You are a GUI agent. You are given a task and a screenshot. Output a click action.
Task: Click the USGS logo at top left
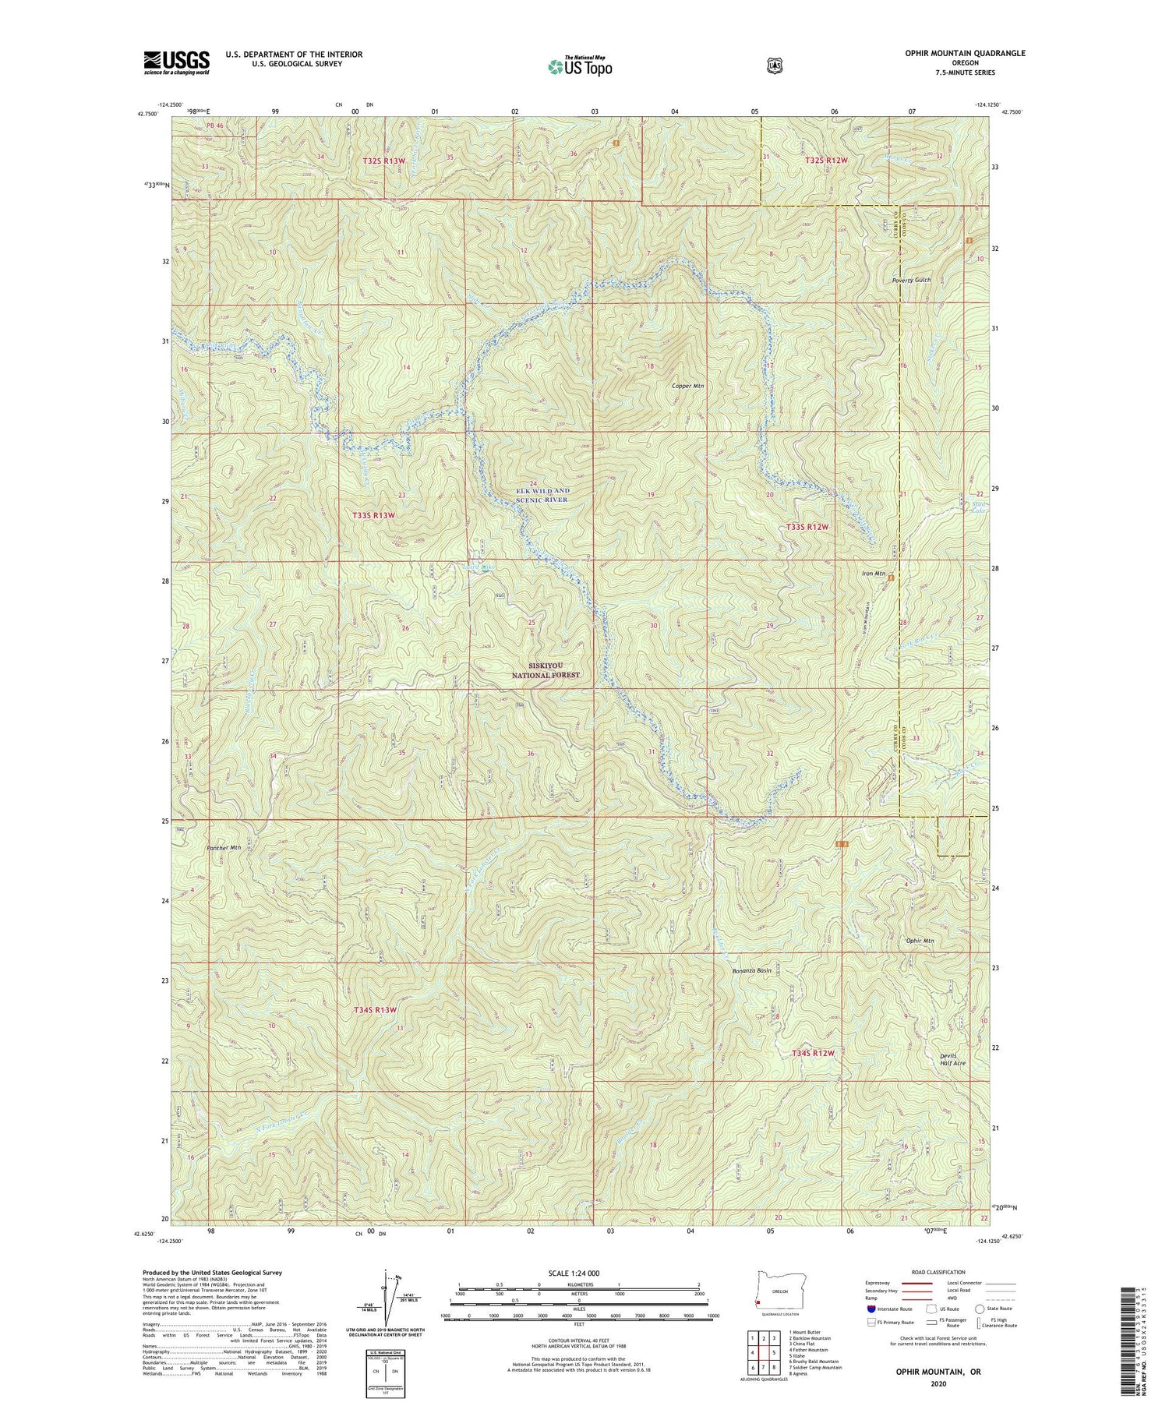176,62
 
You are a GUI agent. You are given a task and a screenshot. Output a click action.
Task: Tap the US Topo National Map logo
580,66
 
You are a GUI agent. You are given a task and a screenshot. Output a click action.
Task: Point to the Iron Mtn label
874,574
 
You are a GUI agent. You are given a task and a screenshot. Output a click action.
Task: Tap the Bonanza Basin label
752,971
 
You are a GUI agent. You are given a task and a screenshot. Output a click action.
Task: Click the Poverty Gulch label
912,280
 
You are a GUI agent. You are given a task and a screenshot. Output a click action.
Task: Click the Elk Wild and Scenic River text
542,495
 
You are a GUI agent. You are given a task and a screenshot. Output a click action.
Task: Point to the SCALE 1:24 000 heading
577,1273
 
